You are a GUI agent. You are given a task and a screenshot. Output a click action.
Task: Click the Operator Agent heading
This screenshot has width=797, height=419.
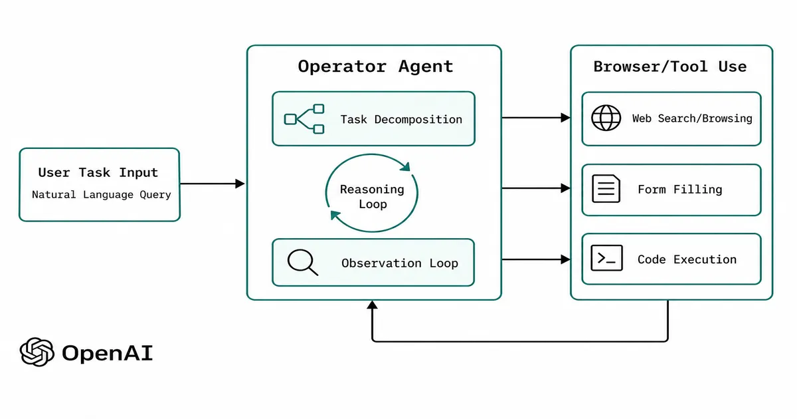(x=375, y=67)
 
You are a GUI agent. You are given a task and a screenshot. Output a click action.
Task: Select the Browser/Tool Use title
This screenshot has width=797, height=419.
(x=669, y=67)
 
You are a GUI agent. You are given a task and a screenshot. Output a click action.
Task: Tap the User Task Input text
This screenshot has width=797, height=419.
(x=98, y=172)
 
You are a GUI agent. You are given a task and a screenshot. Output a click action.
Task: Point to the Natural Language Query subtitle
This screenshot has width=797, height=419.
(x=102, y=195)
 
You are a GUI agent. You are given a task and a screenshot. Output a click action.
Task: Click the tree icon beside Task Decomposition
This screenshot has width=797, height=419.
(x=304, y=119)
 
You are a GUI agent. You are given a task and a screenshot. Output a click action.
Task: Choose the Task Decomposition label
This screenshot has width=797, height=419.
(x=401, y=120)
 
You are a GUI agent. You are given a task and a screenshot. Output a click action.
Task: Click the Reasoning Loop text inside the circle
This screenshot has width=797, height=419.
(x=372, y=197)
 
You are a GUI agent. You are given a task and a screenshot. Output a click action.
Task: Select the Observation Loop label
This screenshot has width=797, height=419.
(x=400, y=263)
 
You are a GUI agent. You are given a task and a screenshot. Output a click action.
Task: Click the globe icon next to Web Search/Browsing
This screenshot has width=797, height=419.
(x=606, y=118)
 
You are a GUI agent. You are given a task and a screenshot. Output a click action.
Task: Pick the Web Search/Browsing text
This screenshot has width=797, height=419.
(x=691, y=118)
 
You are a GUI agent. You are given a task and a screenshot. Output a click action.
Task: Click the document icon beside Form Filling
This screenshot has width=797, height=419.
(x=606, y=189)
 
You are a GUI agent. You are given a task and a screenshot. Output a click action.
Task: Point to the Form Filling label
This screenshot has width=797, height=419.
(x=679, y=190)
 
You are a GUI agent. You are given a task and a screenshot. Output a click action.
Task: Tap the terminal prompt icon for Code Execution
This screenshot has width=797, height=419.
(x=606, y=259)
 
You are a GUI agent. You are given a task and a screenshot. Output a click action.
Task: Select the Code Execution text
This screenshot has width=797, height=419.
(x=687, y=259)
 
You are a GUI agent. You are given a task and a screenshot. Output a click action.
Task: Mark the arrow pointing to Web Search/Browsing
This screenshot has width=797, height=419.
(x=535, y=118)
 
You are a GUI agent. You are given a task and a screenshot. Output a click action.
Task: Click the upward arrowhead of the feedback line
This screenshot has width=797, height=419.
(x=373, y=305)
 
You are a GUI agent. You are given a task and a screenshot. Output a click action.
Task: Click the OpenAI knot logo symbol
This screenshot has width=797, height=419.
(x=37, y=352)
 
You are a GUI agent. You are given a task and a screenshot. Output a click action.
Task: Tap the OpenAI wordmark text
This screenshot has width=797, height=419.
(x=107, y=352)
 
